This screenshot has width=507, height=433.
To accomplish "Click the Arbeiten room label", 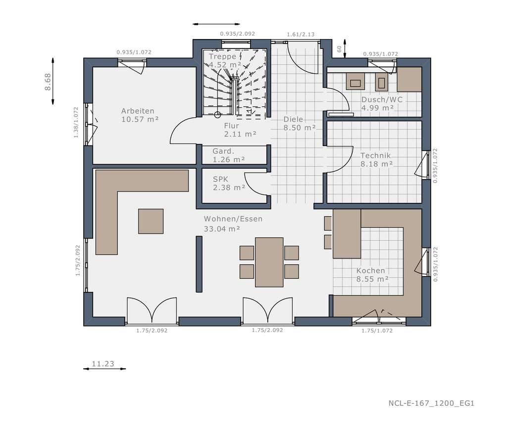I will [138, 111].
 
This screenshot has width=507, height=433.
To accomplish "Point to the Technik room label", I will [376, 155].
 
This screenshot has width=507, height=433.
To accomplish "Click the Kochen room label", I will [371, 271].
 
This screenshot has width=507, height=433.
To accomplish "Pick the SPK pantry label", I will [221, 179].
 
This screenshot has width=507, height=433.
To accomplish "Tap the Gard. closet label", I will [223, 151].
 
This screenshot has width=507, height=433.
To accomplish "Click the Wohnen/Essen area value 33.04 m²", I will [222, 229].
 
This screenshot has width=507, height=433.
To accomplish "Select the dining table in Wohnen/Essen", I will [269, 262].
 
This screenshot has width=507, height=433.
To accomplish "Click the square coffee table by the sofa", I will [151, 221].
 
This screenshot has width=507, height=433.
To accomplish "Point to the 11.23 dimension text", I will [103, 364].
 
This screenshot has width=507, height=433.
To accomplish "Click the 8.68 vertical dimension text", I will [48, 81].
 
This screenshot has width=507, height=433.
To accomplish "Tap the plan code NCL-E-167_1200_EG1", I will [431, 403].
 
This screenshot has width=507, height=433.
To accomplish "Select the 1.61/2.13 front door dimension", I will [301, 35].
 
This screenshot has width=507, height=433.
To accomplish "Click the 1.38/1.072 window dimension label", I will [75, 123].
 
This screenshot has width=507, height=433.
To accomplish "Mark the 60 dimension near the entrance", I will [339, 49].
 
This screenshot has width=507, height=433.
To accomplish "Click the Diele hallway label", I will [293, 119].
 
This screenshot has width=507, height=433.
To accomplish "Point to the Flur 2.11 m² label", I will [231, 126].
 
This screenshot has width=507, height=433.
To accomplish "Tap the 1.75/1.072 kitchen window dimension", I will [377, 331].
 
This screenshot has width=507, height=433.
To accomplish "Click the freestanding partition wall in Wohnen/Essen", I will [199, 264].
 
